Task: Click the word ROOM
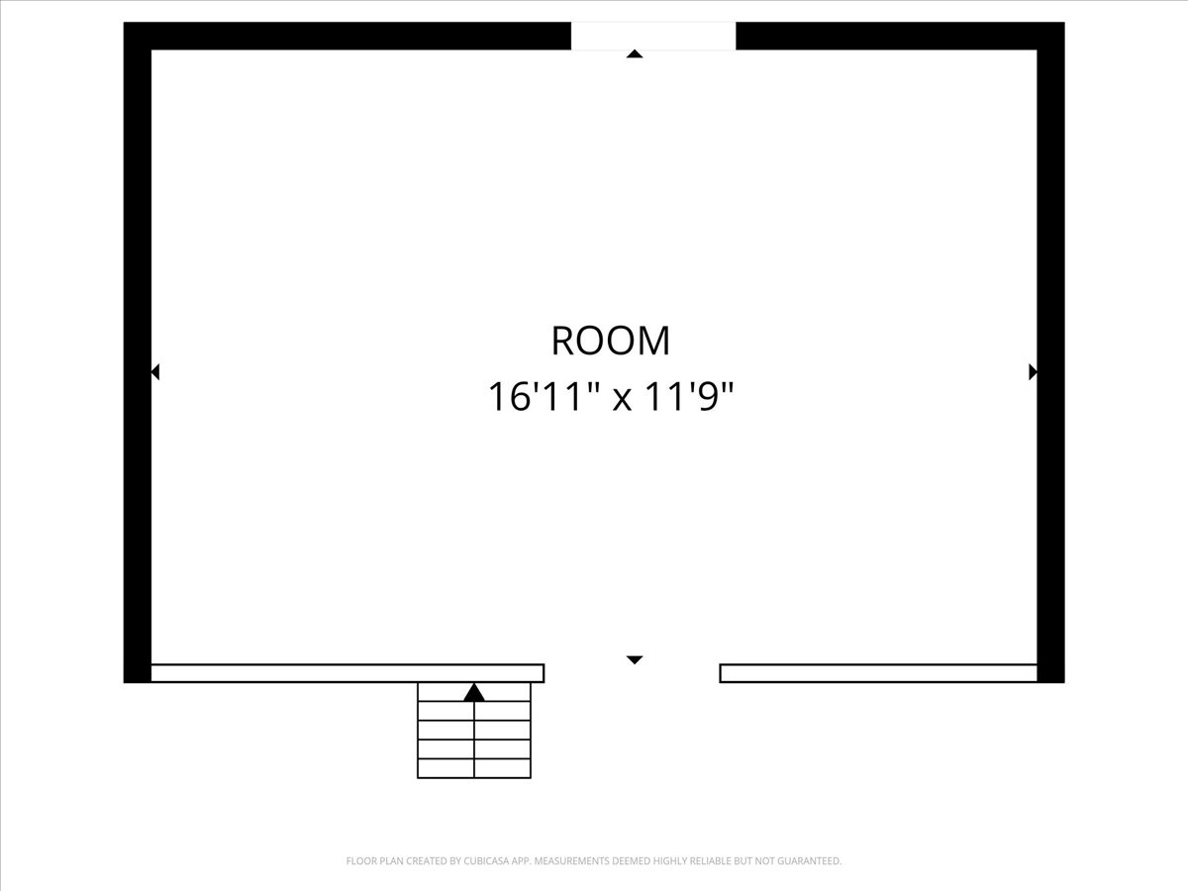tap(611, 341)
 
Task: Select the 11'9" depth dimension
tap(689, 396)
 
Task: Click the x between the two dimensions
tap(622, 401)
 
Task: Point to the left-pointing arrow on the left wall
tap(154, 372)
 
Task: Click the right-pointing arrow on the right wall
tap(1034, 372)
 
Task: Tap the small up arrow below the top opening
tap(635, 53)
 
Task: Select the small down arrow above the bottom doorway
tap(635, 660)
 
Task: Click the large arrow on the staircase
tap(474, 693)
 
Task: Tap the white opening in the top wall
tap(653, 36)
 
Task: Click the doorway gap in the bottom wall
tap(632, 673)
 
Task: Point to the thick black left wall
tap(137, 352)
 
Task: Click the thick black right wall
tap(1051, 352)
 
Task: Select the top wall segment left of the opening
tap(346, 36)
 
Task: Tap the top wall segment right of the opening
tap(901, 36)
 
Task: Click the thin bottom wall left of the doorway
tap(347, 673)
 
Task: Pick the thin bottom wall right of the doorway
tap(878, 673)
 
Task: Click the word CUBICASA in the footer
tap(485, 860)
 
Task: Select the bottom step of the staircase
tap(474, 769)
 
